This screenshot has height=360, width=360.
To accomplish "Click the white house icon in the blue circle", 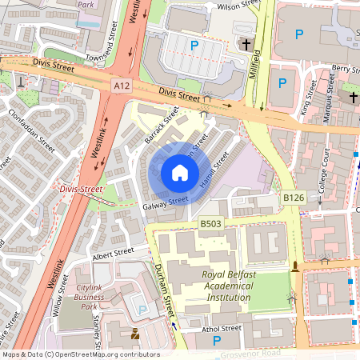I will (x=180, y=172).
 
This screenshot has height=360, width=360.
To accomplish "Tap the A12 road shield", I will (x=122, y=85).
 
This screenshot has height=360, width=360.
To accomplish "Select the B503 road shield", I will (x=210, y=223).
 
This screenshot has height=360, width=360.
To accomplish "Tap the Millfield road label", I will (x=257, y=66).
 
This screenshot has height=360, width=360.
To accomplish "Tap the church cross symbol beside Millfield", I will (x=246, y=45).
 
